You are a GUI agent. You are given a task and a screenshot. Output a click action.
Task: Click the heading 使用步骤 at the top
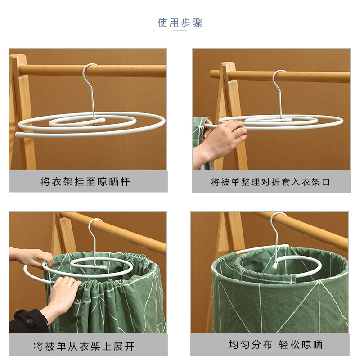(180, 23)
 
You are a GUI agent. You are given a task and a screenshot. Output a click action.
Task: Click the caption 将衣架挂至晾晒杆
(85, 182)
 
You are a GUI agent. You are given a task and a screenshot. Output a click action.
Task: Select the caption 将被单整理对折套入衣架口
(271, 182)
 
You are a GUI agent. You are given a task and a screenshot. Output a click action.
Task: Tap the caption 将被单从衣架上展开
(84, 346)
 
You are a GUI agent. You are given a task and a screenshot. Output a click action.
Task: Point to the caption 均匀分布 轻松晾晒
(276, 345)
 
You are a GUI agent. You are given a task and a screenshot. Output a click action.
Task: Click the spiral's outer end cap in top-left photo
(18, 134)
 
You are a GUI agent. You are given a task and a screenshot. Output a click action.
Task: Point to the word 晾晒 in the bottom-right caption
(312, 345)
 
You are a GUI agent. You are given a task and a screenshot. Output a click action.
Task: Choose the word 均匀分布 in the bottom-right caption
(251, 345)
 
